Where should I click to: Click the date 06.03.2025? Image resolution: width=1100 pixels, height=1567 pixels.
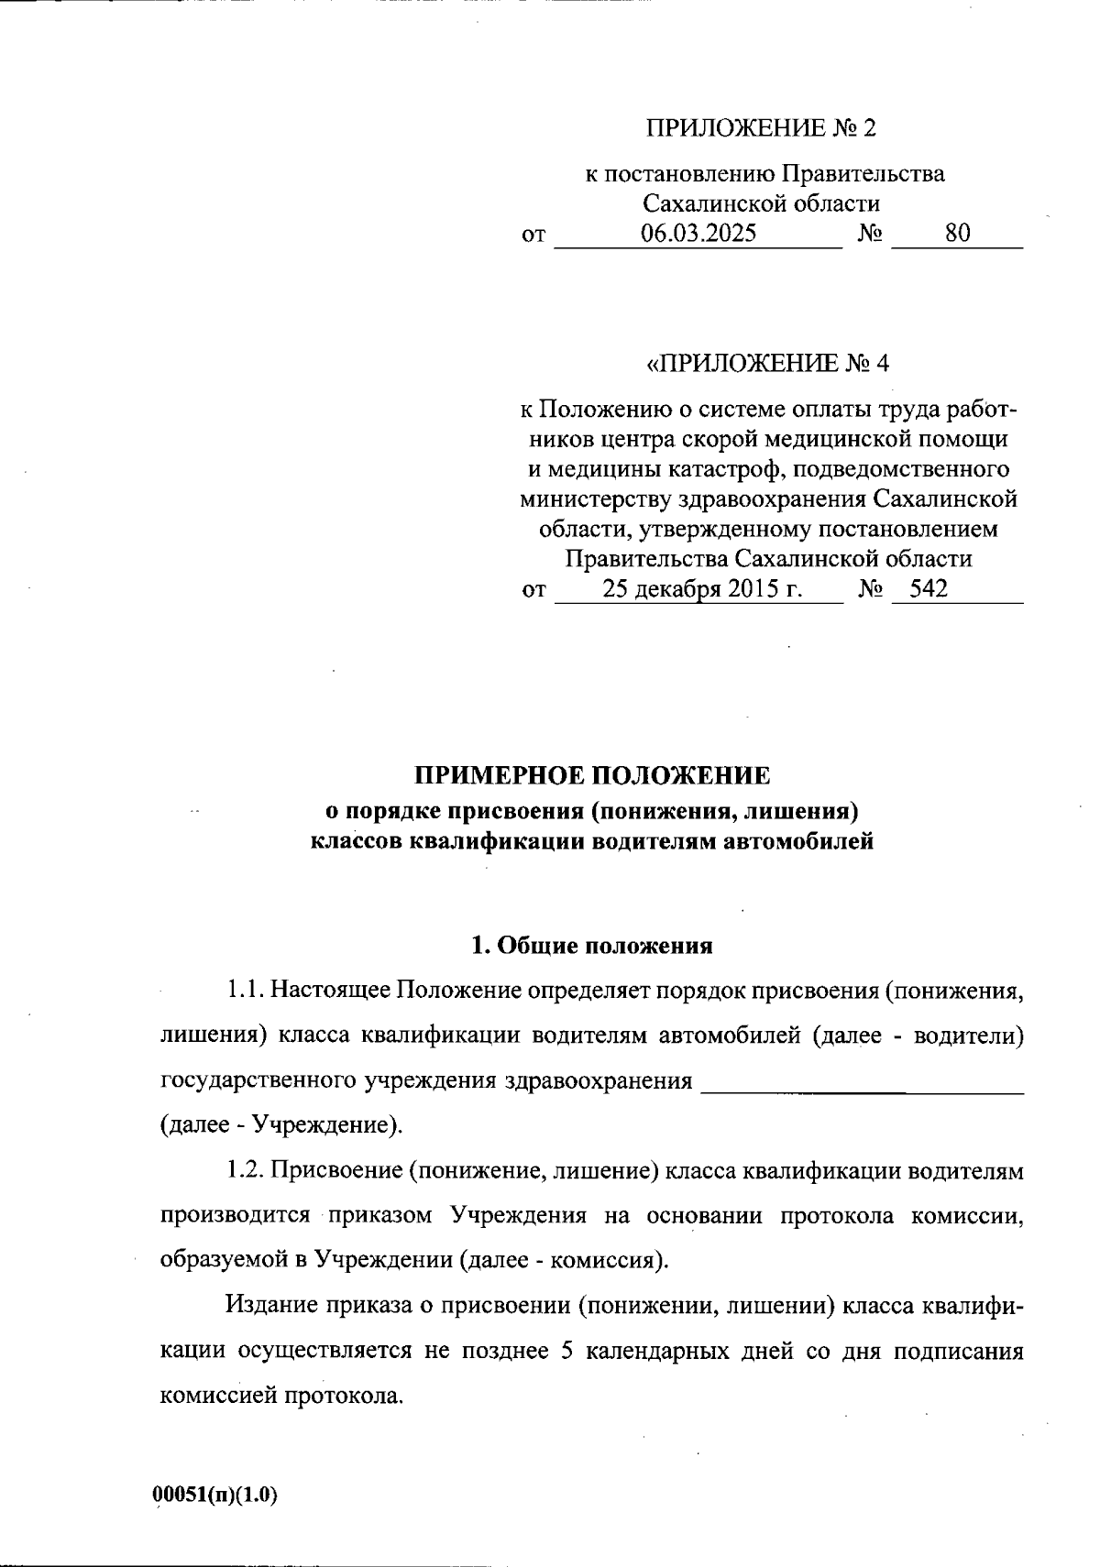click(x=698, y=233)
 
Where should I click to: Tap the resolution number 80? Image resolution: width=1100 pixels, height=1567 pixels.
click(x=957, y=233)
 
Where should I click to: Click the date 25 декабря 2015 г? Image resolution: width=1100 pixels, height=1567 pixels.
click(x=702, y=588)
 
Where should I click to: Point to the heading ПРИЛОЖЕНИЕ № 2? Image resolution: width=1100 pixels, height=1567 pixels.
click(x=761, y=127)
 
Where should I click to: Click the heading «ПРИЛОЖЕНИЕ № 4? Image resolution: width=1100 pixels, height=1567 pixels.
click(x=768, y=364)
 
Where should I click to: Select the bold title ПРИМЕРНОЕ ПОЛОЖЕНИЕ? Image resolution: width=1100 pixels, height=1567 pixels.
click(x=592, y=775)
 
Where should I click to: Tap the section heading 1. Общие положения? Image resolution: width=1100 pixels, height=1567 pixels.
click(x=591, y=945)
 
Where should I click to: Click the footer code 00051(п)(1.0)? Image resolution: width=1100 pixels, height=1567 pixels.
click(x=215, y=1496)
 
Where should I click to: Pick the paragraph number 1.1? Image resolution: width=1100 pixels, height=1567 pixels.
click(x=246, y=991)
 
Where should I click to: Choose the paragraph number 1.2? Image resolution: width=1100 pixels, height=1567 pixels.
click(x=246, y=1170)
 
